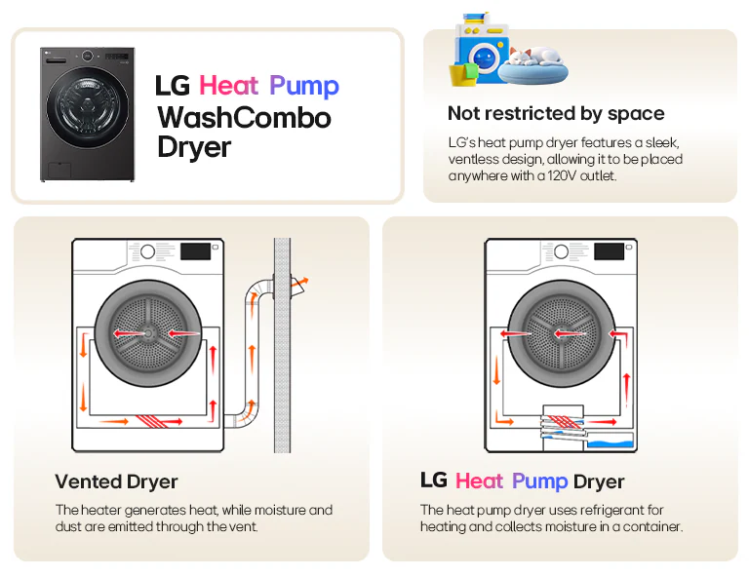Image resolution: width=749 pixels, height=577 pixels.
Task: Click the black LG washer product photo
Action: click(x=87, y=114)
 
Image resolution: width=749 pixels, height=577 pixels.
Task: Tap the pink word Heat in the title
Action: click(x=229, y=86)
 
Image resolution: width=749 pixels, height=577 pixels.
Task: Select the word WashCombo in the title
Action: click(x=244, y=118)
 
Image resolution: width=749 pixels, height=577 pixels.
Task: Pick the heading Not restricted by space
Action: click(x=556, y=113)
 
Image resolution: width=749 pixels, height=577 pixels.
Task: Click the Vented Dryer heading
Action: click(x=116, y=481)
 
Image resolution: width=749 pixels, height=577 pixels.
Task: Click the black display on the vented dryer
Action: click(x=197, y=251)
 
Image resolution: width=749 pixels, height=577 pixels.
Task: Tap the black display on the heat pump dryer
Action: click(x=610, y=251)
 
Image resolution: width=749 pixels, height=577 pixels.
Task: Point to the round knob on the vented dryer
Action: click(x=147, y=251)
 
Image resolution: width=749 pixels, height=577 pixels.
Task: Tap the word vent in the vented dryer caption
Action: click(x=239, y=526)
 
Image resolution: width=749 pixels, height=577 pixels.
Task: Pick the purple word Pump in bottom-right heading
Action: click(x=539, y=481)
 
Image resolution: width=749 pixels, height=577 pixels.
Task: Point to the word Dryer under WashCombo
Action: click(x=194, y=148)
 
